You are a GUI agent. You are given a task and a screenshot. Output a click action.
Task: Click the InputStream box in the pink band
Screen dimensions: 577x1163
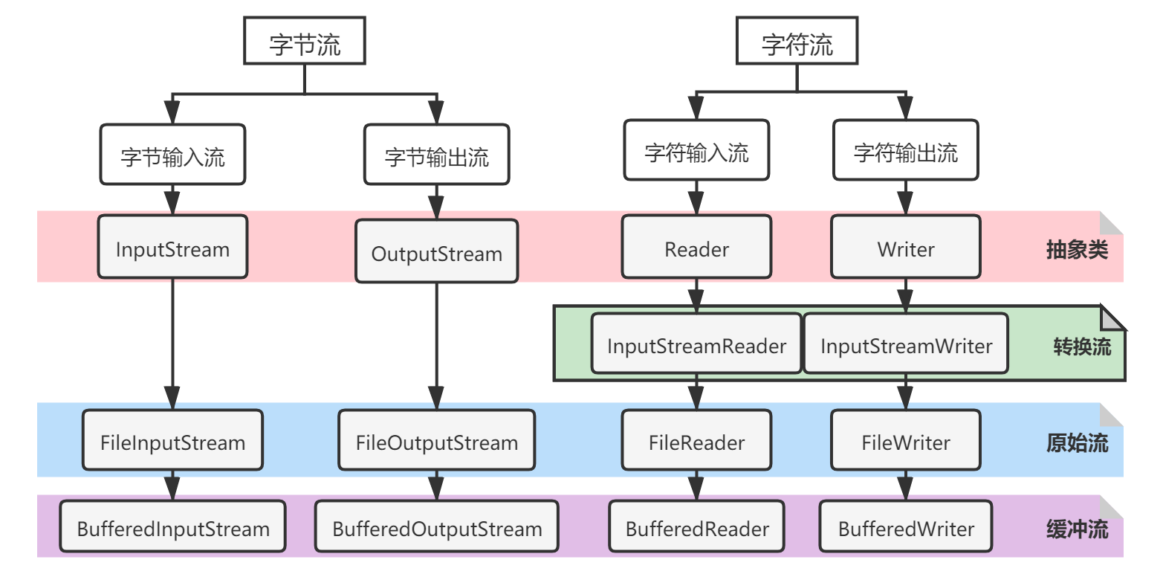[172, 249]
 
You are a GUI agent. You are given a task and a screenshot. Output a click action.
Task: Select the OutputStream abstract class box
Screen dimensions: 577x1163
[436, 254]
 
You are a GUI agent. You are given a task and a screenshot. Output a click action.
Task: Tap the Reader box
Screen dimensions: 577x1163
[696, 249]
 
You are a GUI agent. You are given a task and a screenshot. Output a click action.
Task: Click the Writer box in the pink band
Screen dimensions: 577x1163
[905, 249]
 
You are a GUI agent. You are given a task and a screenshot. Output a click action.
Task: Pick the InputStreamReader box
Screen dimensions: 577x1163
[696, 346]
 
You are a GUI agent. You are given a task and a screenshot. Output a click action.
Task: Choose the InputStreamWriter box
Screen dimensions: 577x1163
[906, 346]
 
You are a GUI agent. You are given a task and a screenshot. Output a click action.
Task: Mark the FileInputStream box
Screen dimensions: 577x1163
[172, 443]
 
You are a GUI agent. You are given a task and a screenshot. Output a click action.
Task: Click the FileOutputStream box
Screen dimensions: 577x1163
[436, 443]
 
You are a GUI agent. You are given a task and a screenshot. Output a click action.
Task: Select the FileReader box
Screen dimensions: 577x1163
[696, 443]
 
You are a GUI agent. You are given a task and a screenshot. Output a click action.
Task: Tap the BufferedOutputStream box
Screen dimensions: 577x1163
[436, 529]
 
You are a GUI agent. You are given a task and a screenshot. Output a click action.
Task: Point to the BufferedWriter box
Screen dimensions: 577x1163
[905, 529]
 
